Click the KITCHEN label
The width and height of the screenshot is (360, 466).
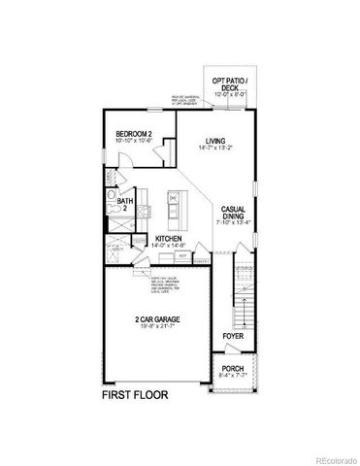[169, 239]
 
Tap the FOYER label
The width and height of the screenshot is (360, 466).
[233, 336]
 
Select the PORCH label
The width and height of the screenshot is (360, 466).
[233, 369]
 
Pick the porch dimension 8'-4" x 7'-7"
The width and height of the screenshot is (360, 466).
[233, 377]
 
